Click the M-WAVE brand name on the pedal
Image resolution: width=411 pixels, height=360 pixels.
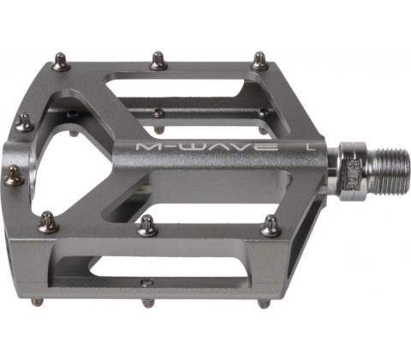(207, 147)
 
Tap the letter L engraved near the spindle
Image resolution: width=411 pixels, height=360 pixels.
(309, 147)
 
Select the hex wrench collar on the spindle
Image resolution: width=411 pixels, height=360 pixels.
(353, 171)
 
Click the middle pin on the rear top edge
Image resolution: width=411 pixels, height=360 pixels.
(158, 61)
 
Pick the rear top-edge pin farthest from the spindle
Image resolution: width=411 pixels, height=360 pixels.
(62, 62)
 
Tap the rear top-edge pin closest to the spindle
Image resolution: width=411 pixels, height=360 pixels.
(259, 60)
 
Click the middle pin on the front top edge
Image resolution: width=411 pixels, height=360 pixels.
(147, 225)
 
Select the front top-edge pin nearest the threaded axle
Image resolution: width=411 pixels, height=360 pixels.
(271, 225)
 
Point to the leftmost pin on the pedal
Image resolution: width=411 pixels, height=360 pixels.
(14, 176)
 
